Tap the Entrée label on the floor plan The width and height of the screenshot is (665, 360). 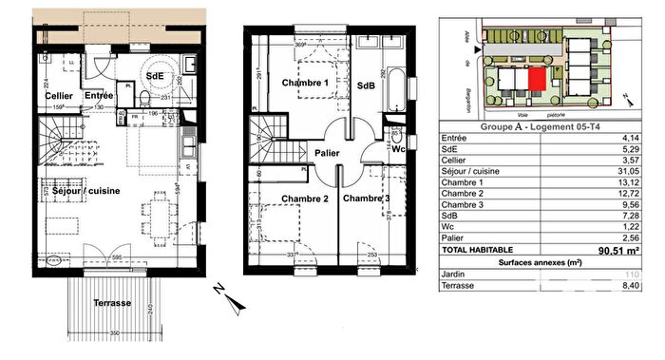(x=99, y=95)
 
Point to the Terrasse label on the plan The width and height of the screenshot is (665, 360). (x=113, y=303)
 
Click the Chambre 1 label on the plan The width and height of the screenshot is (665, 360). (x=305, y=84)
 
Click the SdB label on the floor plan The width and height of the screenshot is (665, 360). (x=367, y=85)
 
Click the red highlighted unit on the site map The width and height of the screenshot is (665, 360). (x=538, y=80)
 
